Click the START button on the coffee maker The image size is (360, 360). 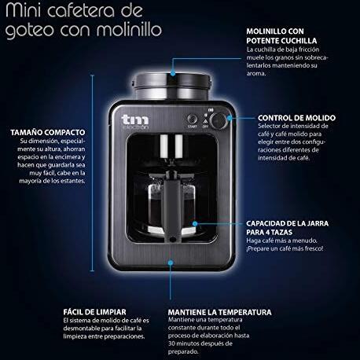point(192,119)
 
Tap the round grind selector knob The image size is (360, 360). point(219,121)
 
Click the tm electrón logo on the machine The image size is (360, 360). point(135,122)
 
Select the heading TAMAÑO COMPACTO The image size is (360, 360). point(48,133)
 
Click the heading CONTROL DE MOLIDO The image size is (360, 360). point(296,118)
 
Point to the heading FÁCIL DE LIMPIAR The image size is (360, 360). point(94,312)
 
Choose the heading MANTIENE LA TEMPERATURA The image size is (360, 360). point(219,312)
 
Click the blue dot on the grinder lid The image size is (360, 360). point(173,73)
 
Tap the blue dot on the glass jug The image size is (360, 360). point(195,223)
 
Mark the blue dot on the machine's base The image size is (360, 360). point(171,263)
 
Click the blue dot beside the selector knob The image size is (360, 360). point(230,118)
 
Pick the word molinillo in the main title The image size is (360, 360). point(129,29)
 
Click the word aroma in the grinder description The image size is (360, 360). point(256,74)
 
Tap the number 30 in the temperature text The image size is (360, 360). point(171,343)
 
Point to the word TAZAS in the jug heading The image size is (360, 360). point(281,232)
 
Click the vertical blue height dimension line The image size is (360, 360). point(92,173)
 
